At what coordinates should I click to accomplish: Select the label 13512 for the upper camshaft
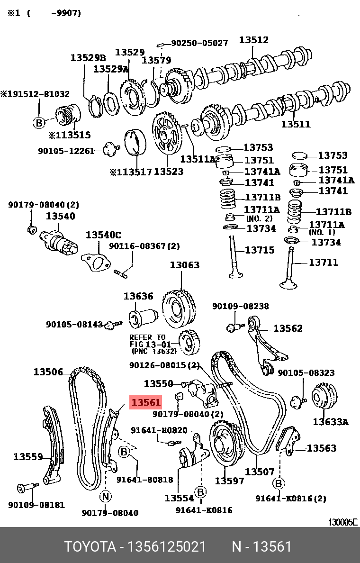click(253, 40)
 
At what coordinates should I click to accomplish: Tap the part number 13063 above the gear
click(185, 265)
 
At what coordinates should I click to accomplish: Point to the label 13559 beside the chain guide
click(28, 457)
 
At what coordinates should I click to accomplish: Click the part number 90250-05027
click(199, 43)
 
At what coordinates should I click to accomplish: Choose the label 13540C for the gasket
click(103, 235)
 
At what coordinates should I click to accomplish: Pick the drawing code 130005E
click(343, 522)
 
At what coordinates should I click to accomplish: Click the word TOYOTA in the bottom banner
click(90, 547)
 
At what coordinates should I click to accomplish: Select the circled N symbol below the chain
click(105, 496)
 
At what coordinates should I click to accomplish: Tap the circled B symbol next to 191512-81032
click(39, 123)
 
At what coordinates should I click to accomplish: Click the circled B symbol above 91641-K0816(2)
click(279, 483)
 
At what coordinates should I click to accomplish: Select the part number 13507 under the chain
click(259, 472)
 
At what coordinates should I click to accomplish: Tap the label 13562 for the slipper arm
click(288, 328)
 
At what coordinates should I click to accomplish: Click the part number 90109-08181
click(36, 505)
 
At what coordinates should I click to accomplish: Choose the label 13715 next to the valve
click(260, 250)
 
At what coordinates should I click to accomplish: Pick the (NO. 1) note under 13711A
click(322, 232)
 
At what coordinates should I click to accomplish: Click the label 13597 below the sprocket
click(230, 481)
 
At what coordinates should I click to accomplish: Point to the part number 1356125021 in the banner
click(166, 547)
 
